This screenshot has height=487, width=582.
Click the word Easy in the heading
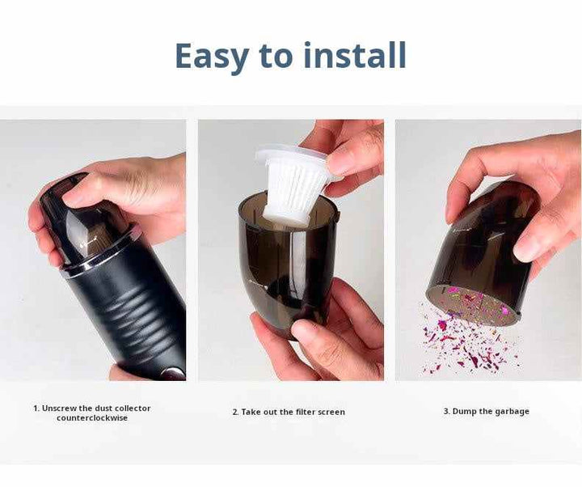click(212, 56)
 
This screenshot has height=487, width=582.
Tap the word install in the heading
click(355, 55)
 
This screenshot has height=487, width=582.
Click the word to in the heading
click(276, 56)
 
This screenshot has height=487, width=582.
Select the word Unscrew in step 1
click(59, 409)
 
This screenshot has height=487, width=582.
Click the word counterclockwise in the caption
click(92, 418)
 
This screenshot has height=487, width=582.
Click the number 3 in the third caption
click(445, 411)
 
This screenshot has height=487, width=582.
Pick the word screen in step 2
click(331, 413)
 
